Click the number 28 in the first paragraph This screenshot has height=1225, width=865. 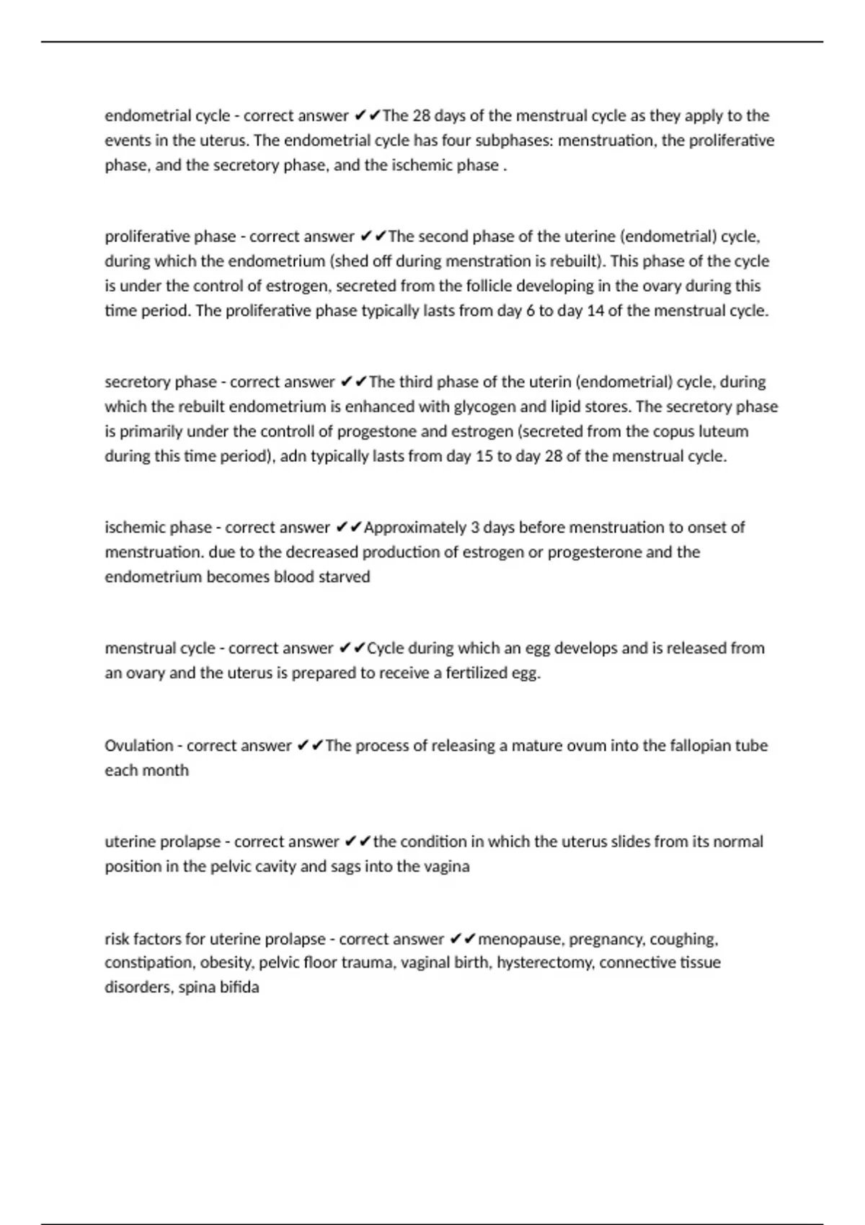(422, 116)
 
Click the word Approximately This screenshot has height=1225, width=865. (414, 527)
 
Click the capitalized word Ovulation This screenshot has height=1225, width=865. (138, 746)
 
